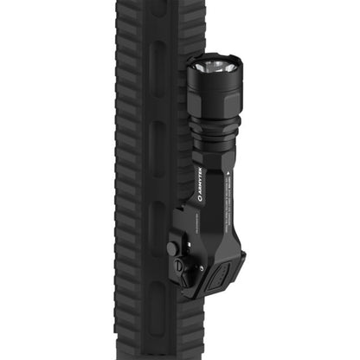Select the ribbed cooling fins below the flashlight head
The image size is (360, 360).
pyautogui.click(x=214, y=126)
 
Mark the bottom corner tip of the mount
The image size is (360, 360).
pyautogui.click(x=189, y=296)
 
